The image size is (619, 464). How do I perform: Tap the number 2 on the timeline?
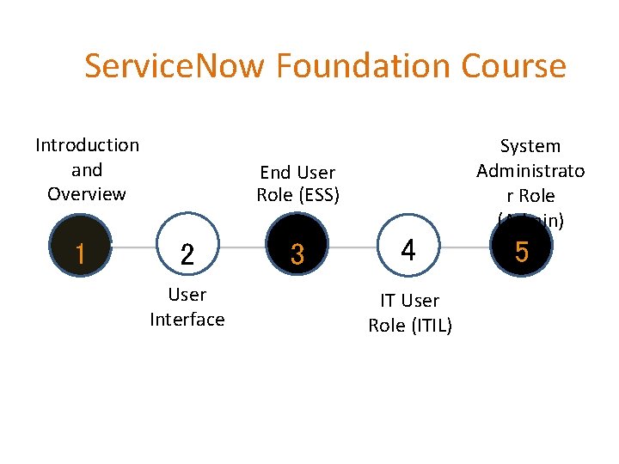[x=187, y=253]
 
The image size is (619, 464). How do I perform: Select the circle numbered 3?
[x=297, y=253]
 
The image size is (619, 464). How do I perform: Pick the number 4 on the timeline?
[x=408, y=251]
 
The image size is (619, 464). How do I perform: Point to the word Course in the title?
[x=514, y=66]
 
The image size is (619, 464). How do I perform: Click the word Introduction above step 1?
[x=87, y=145]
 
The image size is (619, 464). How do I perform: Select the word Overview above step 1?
[x=87, y=193]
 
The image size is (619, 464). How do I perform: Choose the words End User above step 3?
[x=297, y=173]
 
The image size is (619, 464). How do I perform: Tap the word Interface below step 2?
[x=187, y=320]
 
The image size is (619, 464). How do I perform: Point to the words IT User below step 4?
[x=409, y=301]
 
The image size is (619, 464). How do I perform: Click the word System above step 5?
[x=530, y=146]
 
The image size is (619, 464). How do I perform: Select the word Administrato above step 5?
[x=530, y=170]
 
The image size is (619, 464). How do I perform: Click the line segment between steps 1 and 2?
[x=133, y=250]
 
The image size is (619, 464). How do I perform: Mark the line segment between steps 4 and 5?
[x=464, y=250]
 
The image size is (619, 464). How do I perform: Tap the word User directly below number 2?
[x=187, y=295]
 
